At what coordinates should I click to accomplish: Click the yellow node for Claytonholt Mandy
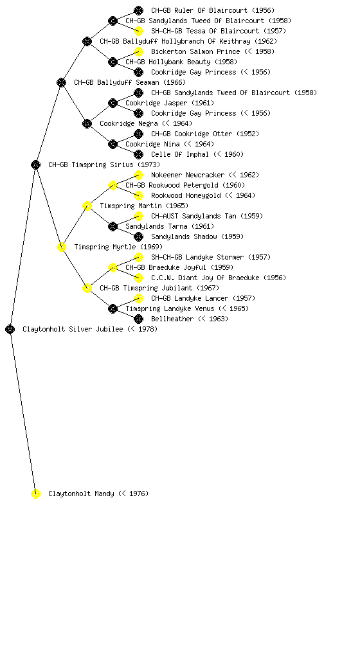(35, 493)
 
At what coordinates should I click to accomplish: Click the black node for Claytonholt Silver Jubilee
(10, 329)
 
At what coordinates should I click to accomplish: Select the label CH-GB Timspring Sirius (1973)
(104, 164)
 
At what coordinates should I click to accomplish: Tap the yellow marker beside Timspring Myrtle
(61, 247)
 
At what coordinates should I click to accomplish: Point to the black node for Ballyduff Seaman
(61, 82)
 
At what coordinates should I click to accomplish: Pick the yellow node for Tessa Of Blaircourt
(138, 31)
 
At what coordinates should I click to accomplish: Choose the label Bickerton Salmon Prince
(195, 51)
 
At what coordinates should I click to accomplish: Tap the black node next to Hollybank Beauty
(113, 62)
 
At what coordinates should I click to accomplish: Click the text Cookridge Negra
(129, 123)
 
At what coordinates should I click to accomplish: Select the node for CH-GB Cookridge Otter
(138, 134)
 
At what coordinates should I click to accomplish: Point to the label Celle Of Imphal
(179, 154)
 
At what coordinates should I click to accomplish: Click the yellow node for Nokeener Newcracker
(138, 175)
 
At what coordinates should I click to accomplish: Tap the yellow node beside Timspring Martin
(87, 206)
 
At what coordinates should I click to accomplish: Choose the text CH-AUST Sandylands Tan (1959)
(207, 216)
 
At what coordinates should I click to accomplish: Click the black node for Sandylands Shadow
(138, 236)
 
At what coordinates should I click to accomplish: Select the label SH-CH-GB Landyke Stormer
(197, 257)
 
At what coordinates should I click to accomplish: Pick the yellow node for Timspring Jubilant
(87, 288)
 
